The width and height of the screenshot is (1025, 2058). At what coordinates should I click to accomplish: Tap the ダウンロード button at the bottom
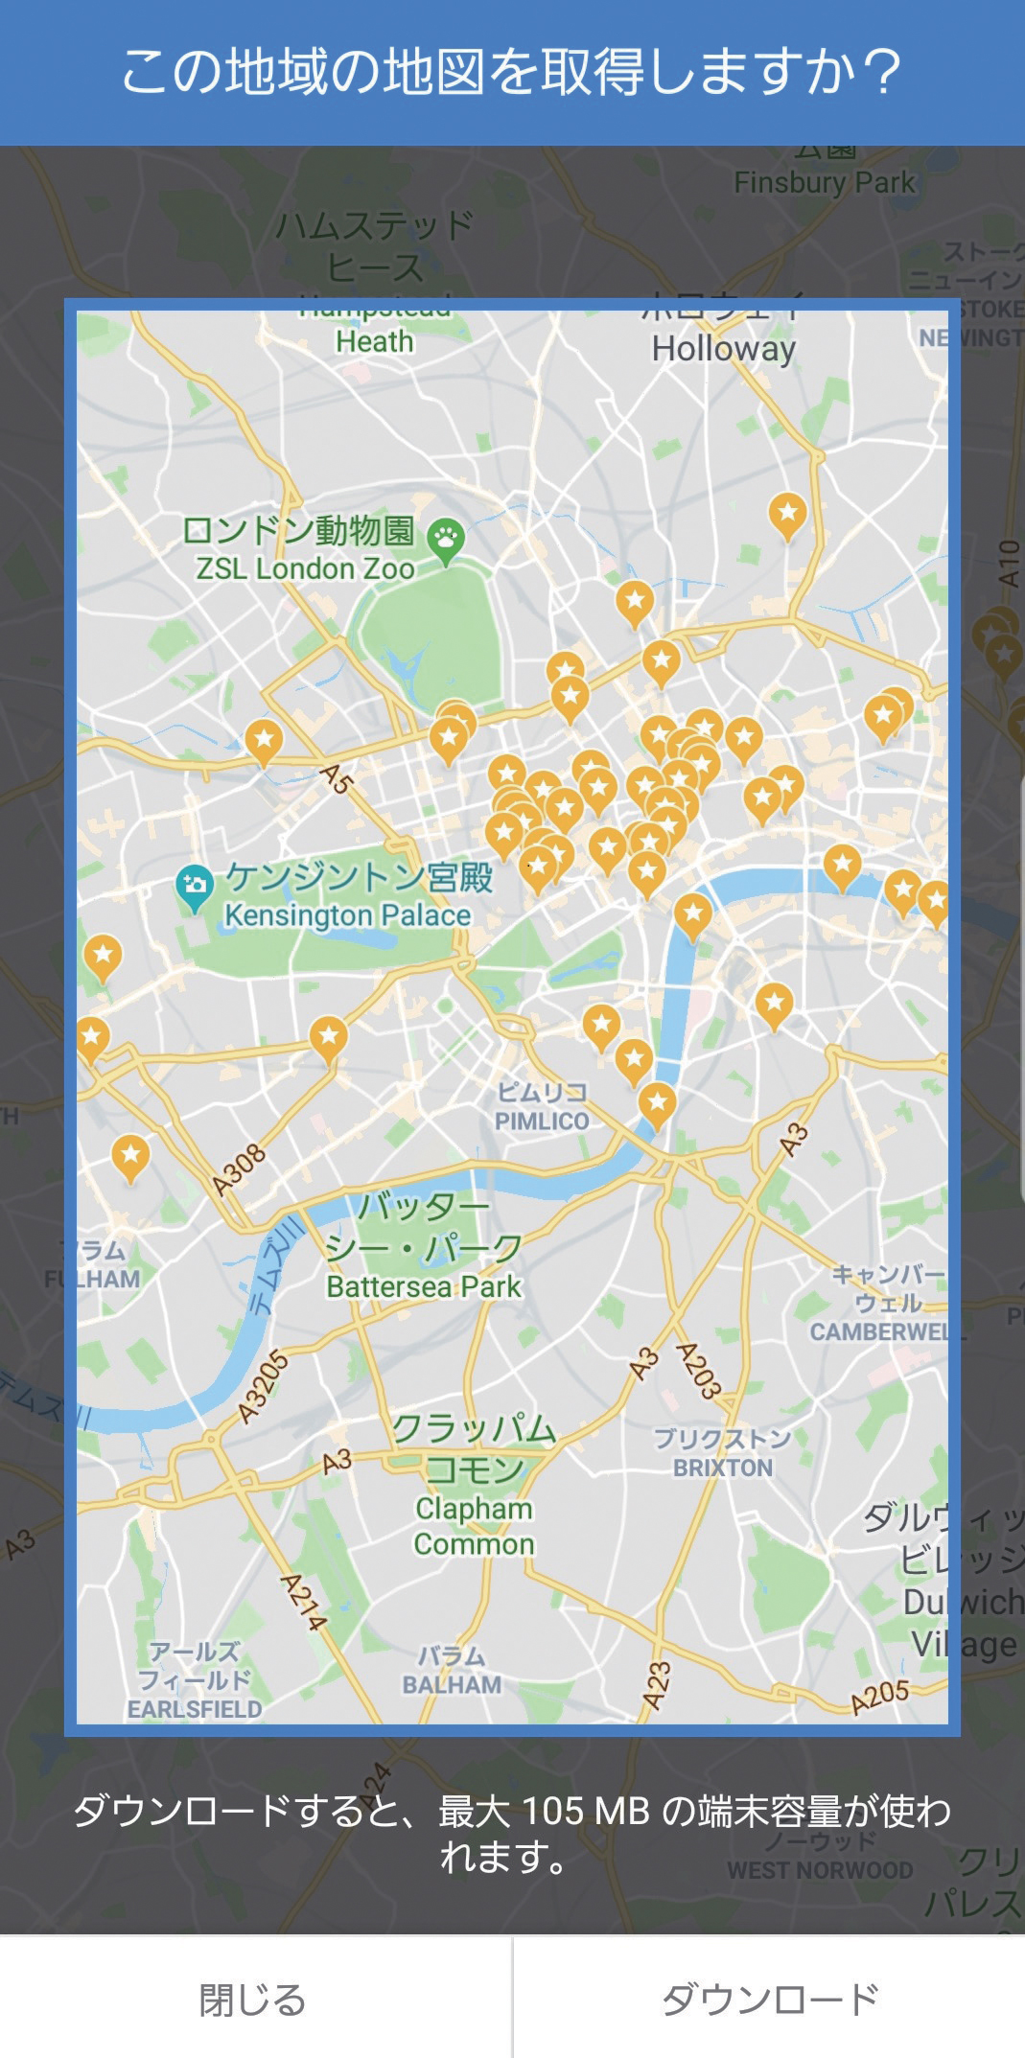[769, 2000]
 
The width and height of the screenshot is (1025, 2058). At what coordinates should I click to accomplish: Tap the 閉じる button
[253, 2000]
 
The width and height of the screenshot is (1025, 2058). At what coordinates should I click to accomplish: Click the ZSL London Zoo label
[305, 568]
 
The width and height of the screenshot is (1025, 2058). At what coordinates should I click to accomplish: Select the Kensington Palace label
[348, 915]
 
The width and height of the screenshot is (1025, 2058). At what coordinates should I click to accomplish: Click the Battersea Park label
[424, 1286]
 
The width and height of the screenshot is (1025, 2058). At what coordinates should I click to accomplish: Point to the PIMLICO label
[542, 1121]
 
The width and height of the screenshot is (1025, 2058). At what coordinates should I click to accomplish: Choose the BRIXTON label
[722, 1468]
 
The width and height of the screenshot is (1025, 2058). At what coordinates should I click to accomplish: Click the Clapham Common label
[474, 1526]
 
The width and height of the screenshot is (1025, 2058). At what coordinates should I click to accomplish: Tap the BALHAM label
[452, 1684]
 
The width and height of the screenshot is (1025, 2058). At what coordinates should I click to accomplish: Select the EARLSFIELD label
[195, 1709]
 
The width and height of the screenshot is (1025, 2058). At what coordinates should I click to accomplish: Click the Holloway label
[724, 349]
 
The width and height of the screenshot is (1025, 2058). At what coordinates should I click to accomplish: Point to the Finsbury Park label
[825, 182]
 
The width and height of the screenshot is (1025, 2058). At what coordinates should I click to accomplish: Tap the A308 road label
[239, 1171]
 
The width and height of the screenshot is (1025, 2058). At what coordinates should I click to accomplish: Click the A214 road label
[303, 1602]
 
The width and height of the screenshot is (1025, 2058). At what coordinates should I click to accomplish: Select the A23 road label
[656, 1685]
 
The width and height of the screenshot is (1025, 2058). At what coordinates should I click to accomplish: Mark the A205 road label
[880, 1695]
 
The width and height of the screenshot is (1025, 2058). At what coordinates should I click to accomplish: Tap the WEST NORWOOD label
[820, 1870]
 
